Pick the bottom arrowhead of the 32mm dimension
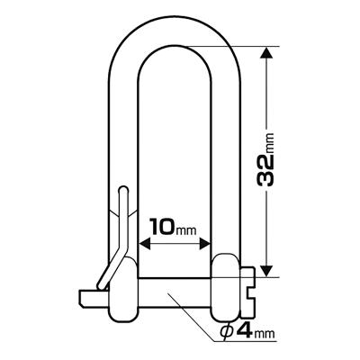(x=266, y=269)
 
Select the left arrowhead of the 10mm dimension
(x=145, y=241)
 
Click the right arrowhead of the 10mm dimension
(x=210, y=241)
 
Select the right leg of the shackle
(x=231, y=162)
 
